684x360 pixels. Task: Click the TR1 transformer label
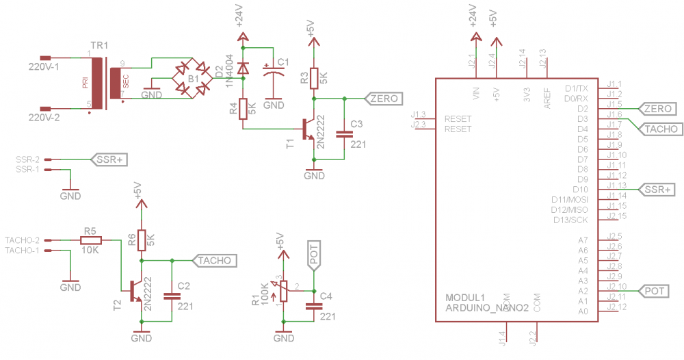point(99,45)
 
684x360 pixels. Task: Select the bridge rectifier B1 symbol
point(192,79)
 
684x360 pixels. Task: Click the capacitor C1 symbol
point(274,73)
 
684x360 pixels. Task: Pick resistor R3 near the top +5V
point(314,78)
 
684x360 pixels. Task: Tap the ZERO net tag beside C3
point(383,99)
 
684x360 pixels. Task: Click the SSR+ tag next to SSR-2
point(109,159)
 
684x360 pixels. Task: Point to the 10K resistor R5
point(90,240)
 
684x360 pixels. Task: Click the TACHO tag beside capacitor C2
point(215,260)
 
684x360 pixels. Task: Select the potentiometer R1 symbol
point(283,292)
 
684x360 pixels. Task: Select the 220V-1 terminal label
point(43,67)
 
